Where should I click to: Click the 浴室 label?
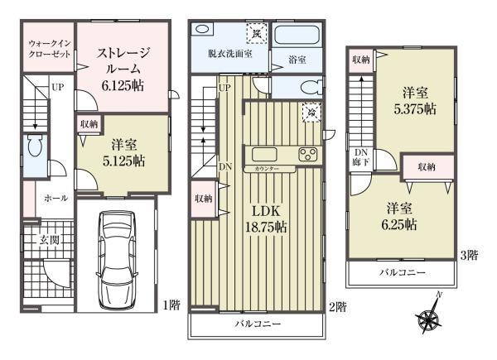297,60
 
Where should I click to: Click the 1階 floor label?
171,305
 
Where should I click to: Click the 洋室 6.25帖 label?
399,217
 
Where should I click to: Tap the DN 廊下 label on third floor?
361,159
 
